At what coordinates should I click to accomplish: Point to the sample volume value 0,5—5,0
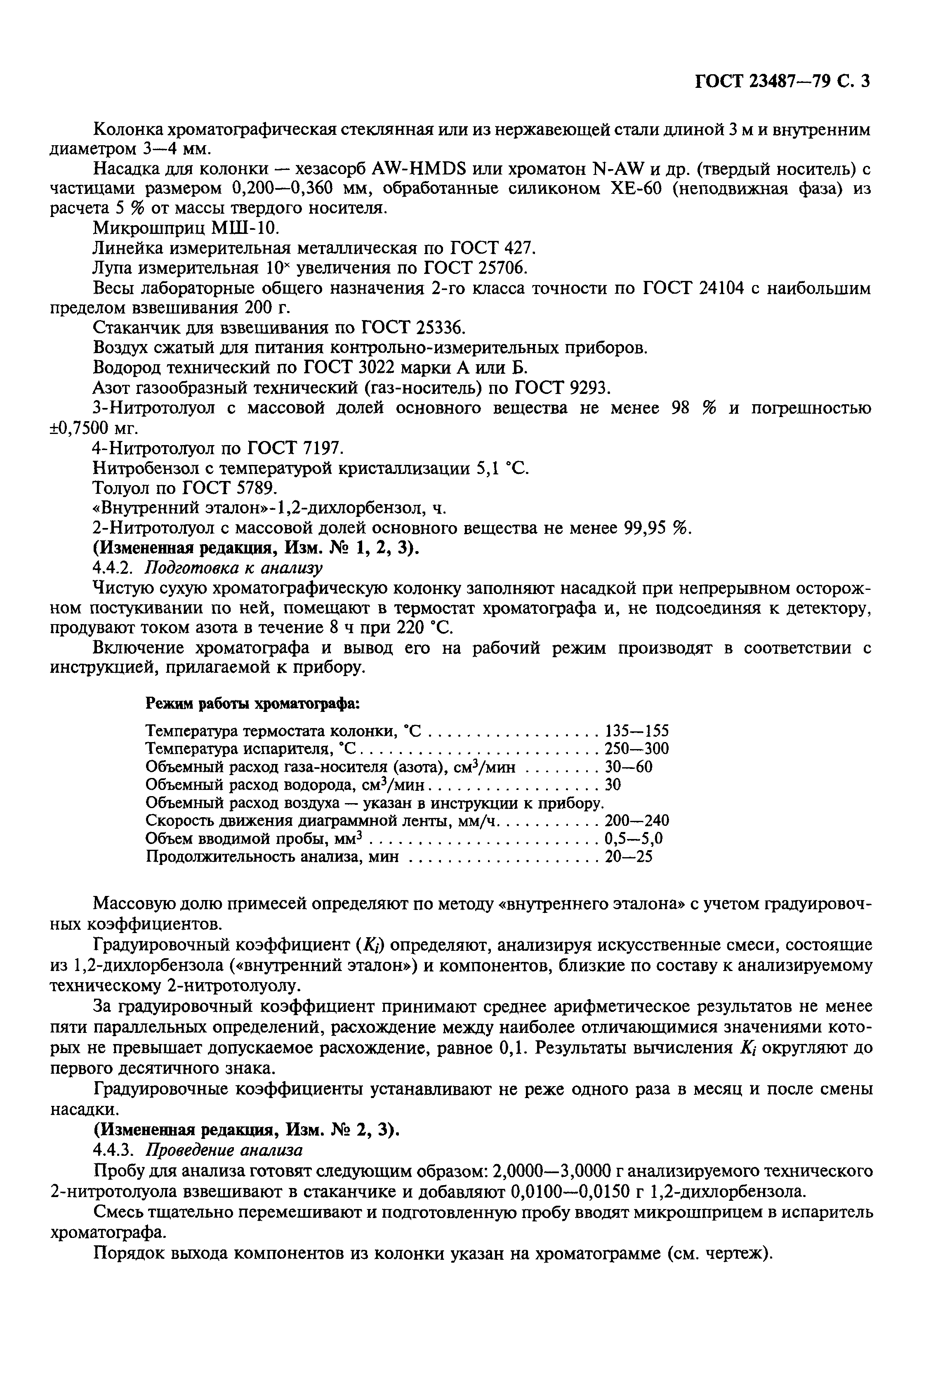coord(634,839)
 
